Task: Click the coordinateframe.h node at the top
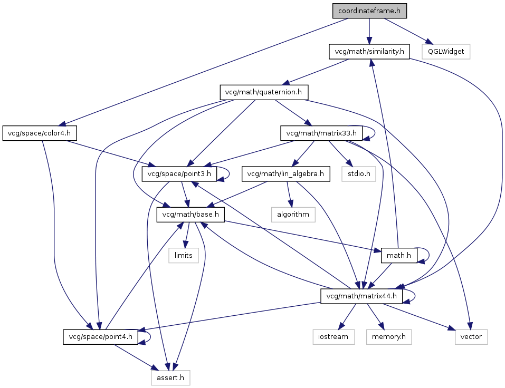tap(369, 11)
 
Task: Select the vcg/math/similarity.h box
tap(369, 52)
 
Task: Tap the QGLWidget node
tap(446, 52)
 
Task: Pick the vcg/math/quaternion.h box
tap(264, 92)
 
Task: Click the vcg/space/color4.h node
tap(40, 133)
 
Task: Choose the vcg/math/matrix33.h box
tap(321, 133)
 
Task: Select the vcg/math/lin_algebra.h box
tap(285, 173)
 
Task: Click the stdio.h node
tap(358, 173)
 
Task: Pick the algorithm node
tap(293, 215)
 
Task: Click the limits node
tap(184, 256)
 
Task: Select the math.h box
tap(399, 256)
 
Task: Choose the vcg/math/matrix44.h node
tap(362, 296)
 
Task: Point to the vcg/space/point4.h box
tap(101, 337)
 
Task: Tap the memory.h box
tap(389, 337)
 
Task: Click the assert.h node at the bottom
tap(170, 377)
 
